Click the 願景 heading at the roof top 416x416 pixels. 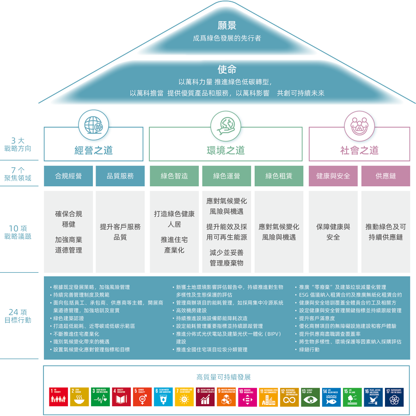click(x=227, y=25)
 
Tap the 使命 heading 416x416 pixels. click(x=227, y=69)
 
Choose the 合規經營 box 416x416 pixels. click(x=68, y=176)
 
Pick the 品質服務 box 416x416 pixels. click(x=120, y=176)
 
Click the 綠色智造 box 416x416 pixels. click(x=174, y=176)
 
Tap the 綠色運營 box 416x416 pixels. click(x=226, y=176)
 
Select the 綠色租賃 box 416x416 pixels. click(x=279, y=176)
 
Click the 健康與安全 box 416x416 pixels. click(x=333, y=176)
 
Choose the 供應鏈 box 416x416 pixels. click(x=385, y=176)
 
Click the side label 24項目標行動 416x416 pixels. click(x=18, y=316)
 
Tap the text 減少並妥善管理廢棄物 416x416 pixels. click(x=226, y=258)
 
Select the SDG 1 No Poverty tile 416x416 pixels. click(x=59, y=397)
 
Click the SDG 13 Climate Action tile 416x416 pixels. click(x=310, y=397)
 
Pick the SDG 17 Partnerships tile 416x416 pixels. click(x=394, y=397)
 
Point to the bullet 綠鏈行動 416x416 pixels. click(x=309, y=350)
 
